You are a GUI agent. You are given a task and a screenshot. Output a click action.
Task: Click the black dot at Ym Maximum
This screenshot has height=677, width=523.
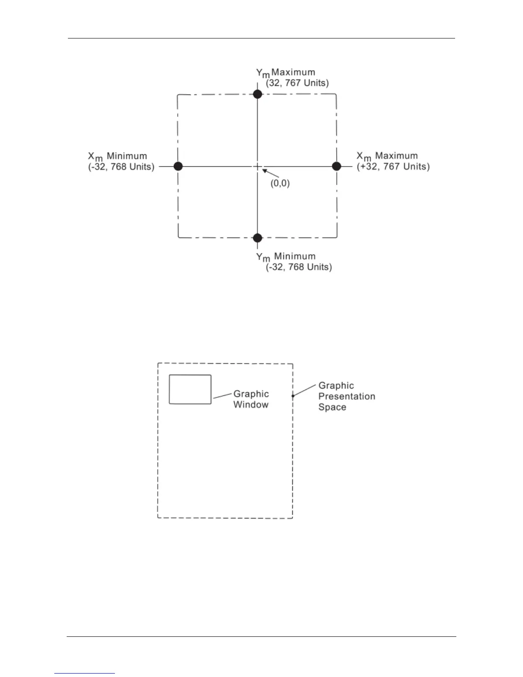click(x=257, y=94)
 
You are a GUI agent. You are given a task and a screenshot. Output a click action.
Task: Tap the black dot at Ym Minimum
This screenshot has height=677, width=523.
click(x=257, y=238)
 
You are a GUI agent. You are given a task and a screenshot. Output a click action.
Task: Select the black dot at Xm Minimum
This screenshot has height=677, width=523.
click(x=178, y=166)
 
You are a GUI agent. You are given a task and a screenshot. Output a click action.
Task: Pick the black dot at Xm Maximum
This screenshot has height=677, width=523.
click(x=337, y=166)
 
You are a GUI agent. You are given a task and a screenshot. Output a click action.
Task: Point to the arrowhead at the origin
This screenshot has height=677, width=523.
click(x=264, y=171)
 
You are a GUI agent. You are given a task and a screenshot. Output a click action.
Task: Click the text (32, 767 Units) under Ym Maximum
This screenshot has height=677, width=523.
click(x=297, y=83)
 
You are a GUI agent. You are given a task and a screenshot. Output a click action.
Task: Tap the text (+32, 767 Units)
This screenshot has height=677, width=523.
click(x=393, y=166)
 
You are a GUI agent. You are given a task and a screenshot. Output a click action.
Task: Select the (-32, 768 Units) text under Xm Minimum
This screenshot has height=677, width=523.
click(x=121, y=167)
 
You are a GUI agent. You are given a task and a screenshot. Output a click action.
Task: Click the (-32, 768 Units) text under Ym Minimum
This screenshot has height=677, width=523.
click(x=299, y=267)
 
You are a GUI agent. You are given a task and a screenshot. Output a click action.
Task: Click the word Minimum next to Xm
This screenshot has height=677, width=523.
click(x=126, y=156)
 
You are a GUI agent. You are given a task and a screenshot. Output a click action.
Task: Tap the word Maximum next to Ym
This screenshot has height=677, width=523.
click(x=293, y=72)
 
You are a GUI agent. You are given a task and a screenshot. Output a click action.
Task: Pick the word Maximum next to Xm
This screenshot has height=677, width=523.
click(x=396, y=156)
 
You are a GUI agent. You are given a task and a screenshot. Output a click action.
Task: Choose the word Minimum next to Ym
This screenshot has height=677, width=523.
click(x=295, y=256)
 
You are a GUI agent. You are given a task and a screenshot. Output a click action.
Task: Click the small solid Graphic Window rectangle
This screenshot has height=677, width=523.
click(x=190, y=389)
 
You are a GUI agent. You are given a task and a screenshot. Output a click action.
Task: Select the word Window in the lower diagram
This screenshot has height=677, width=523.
click(x=251, y=405)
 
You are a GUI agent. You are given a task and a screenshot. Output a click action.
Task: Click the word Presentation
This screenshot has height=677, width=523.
click(x=347, y=397)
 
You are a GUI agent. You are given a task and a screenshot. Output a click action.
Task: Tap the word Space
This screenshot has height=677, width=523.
click(x=332, y=407)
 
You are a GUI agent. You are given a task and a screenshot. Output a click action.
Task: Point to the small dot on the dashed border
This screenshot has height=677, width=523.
click(x=293, y=396)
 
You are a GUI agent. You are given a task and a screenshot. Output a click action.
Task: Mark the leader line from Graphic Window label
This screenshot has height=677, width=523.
click(x=222, y=396)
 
